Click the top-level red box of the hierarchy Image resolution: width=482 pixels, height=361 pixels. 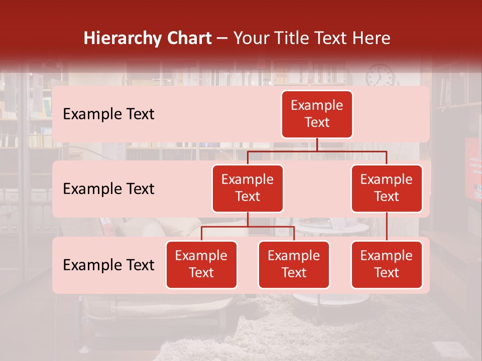317,114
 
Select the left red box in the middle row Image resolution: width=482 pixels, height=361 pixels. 248,189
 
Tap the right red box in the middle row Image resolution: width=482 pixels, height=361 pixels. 387,189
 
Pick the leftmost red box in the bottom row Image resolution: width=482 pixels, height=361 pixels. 201,265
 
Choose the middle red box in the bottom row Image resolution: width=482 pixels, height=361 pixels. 294,265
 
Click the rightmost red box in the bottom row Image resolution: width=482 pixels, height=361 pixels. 387,265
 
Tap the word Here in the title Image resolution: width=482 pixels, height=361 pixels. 372,38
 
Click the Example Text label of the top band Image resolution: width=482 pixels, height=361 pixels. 108,114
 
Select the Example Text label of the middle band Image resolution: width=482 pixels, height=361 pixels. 108,189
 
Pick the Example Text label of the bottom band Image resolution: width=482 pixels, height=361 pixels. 108,265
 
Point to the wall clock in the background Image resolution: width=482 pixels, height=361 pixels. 380,76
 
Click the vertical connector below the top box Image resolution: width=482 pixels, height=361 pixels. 317,144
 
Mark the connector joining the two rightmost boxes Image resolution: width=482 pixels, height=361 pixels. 387,227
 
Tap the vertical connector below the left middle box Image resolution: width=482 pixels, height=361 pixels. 248,219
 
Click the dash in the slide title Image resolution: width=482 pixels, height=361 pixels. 223,38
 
